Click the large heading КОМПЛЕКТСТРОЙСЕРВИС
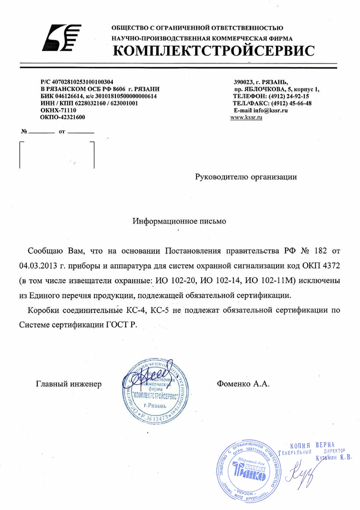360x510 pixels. [x=213, y=51]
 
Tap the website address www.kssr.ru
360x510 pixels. [x=246, y=118]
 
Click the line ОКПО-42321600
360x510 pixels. [x=63, y=117]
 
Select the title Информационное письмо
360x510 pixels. [x=179, y=221]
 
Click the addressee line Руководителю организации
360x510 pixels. [x=246, y=177]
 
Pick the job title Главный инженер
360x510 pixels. [x=69, y=384]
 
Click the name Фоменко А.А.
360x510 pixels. [x=243, y=384]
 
